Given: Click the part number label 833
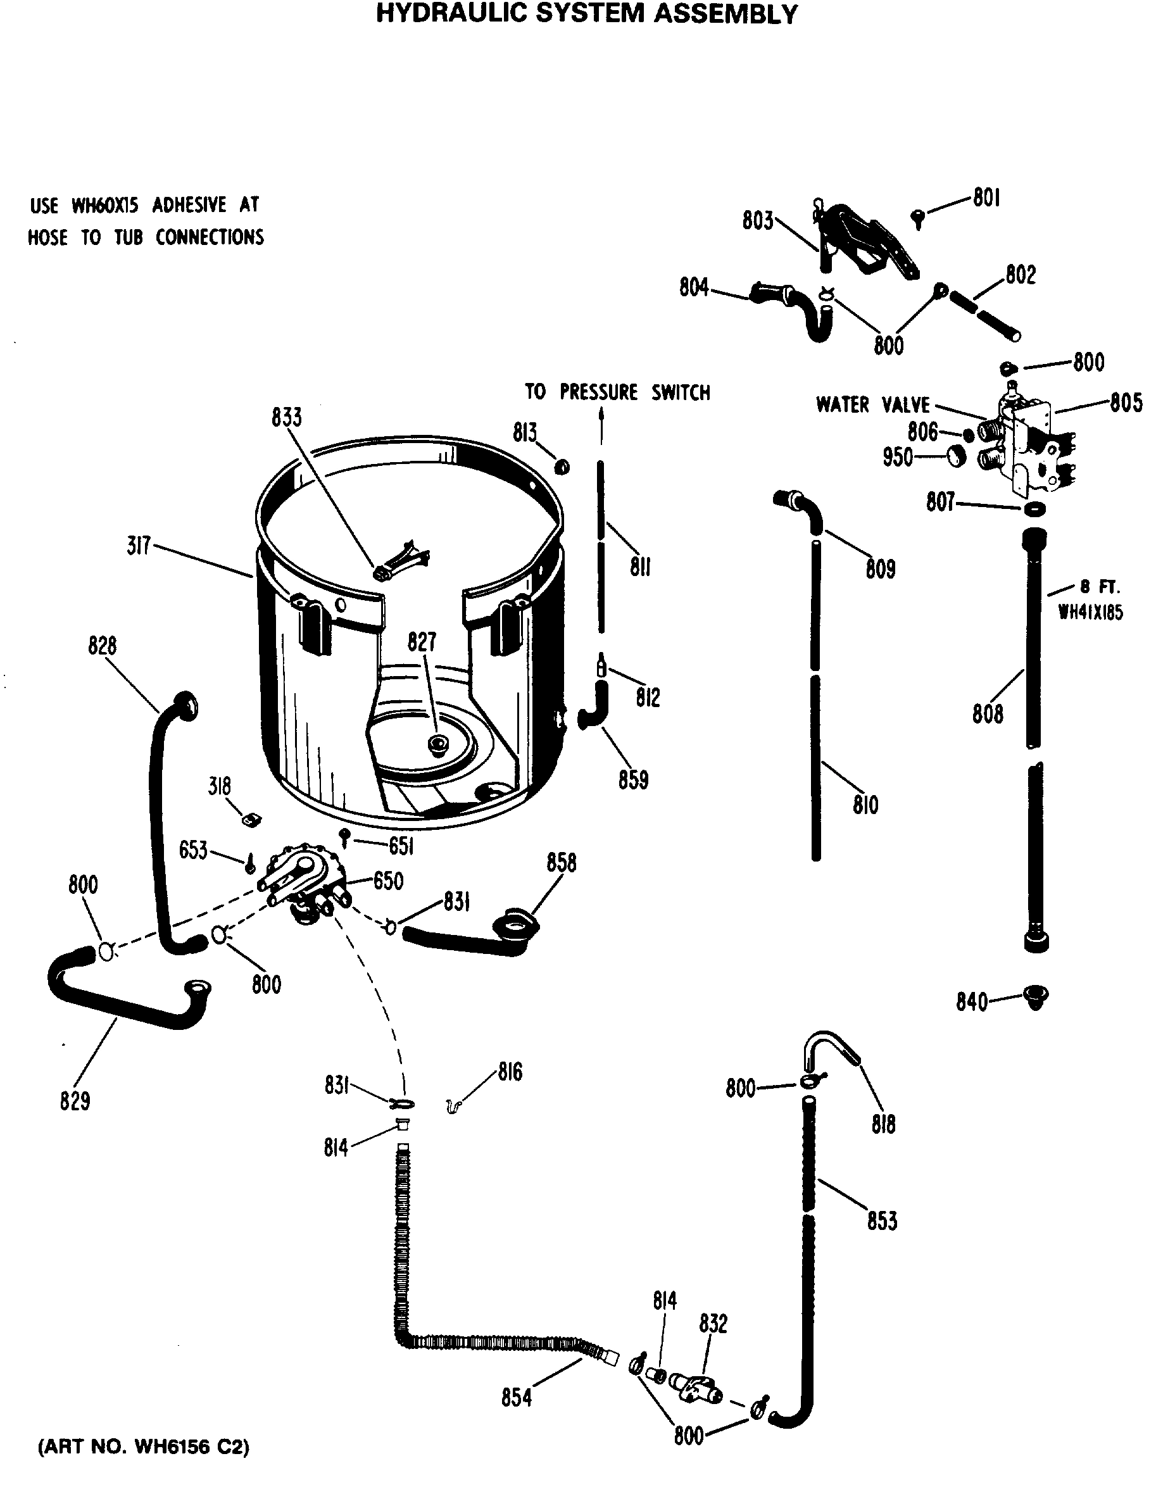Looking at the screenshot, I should pyautogui.click(x=286, y=418).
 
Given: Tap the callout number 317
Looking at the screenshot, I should pyautogui.click(x=138, y=546).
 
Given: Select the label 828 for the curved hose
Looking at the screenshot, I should pyautogui.click(x=103, y=646).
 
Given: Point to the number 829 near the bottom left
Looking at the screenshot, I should pyautogui.click(x=75, y=1101).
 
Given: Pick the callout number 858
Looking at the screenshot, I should pyautogui.click(x=562, y=863).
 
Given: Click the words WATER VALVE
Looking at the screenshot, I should pyautogui.click(x=872, y=405).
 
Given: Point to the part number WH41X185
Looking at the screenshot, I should pyautogui.click(x=1090, y=612).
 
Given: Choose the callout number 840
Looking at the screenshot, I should pyautogui.click(x=971, y=1002).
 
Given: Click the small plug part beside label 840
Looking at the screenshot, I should pyautogui.click(x=1035, y=996).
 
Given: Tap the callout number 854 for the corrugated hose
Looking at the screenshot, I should pyautogui.click(x=516, y=1398).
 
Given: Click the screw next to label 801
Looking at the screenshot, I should pyautogui.click(x=918, y=218).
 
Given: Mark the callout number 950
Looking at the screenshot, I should pyautogui.click(x=897, y=458).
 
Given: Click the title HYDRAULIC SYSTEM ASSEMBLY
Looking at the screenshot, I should pyautogui.click(x=587, y=14).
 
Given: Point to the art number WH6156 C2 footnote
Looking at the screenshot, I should pyautogui.click(x=143, y=1446).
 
